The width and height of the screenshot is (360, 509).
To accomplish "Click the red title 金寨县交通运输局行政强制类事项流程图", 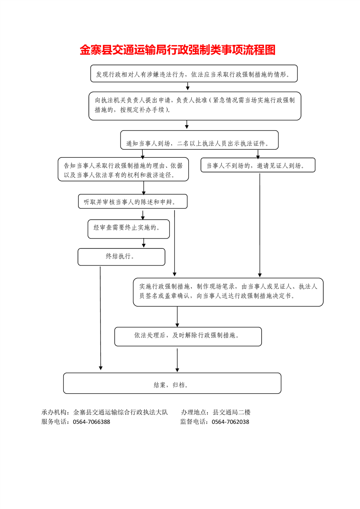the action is [177, 50].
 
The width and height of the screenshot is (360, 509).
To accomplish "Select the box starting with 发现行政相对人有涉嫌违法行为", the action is [194, 73].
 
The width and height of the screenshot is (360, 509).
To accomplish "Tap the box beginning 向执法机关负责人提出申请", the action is [195, 106].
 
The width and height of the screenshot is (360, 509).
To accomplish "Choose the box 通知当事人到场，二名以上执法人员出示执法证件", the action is [199, 140].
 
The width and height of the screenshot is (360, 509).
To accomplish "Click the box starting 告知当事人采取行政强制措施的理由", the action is [123, 169].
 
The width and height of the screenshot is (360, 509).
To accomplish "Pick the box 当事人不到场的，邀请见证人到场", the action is [258, 165].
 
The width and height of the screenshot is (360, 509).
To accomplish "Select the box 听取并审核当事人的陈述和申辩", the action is [133, 201].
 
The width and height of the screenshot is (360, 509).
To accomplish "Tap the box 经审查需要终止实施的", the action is [128, 229].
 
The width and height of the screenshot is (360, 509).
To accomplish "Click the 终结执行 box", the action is [121, 257].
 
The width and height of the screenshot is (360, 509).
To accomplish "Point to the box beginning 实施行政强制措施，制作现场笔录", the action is [228, 292].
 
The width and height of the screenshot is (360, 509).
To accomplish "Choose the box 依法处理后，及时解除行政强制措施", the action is [188, 337].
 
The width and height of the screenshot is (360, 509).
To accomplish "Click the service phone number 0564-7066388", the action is [91, 422].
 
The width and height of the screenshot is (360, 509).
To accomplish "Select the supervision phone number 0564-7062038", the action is [230, 422].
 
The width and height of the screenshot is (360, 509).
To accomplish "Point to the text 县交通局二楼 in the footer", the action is [232, 412].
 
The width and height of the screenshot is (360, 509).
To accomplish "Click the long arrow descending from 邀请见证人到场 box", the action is [260, 225].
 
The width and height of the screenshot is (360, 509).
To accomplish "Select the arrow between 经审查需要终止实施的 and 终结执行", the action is [144, 243].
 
